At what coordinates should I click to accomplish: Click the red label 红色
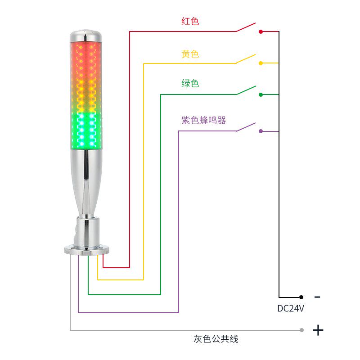point(190,21)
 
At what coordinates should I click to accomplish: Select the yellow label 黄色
point(190,54)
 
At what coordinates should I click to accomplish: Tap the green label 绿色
point(190,83)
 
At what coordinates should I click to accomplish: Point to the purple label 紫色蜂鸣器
point(204,120)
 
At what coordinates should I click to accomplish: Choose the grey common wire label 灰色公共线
point(216,339)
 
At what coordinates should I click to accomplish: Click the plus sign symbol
point(318,330)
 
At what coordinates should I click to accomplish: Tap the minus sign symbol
point(317,297)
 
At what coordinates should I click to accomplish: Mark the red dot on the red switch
point(261,31)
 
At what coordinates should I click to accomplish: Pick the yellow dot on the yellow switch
point(261,63)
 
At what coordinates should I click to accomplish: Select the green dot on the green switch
point(261,94)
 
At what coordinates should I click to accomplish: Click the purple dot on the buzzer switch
point(261,131)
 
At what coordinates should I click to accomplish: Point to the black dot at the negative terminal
point(301,297)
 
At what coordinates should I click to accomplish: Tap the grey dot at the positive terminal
point(301,330)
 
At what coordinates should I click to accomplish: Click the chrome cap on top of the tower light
point(84,35)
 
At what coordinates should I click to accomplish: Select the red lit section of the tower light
point(84,56)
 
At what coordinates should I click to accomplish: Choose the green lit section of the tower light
point(84,130)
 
